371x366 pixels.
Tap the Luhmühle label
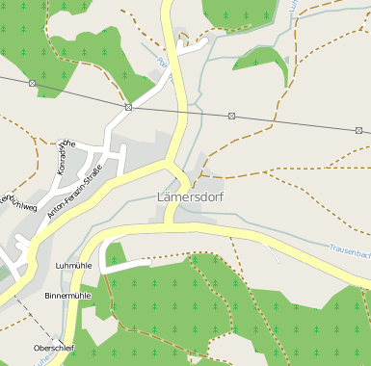click(x=73, y=265)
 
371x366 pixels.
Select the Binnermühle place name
click(x=68, y=296)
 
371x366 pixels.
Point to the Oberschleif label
click(x=54, y=346)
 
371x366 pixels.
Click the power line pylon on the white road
click(x=128, y=107)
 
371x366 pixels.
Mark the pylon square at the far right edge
click(x=358, y=130)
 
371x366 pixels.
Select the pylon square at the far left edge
click(x=33, y=83)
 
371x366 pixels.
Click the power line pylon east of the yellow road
click(x=231, y=116)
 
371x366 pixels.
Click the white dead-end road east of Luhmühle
click(x=130, y=262)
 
